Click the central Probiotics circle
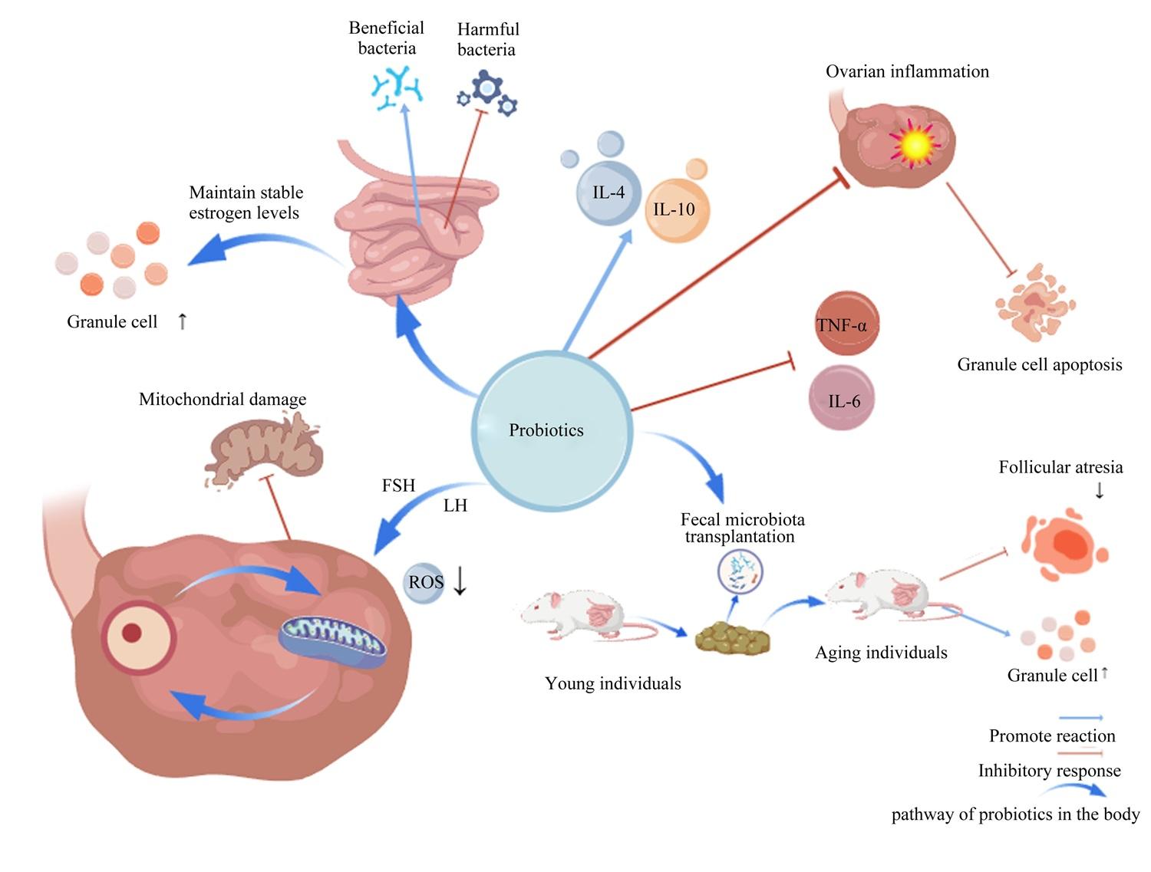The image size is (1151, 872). [551, 430]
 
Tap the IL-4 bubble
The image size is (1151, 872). [608, 192]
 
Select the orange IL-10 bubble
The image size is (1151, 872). [677, 210]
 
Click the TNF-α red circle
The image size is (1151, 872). [846, 323]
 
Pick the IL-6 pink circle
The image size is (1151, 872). [842, 398]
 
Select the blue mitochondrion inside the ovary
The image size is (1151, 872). [333, 641]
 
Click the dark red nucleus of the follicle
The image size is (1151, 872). [131, 633]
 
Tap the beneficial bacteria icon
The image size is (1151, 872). [397, 87]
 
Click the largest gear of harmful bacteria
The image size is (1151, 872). [487, 87]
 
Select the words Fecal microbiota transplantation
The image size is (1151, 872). [742, 528]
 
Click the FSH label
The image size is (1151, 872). [398, 485]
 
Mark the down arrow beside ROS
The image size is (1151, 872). [460, 581]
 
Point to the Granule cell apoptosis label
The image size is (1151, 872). [1039, 364]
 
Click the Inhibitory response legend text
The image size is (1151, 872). [1049, 770]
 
